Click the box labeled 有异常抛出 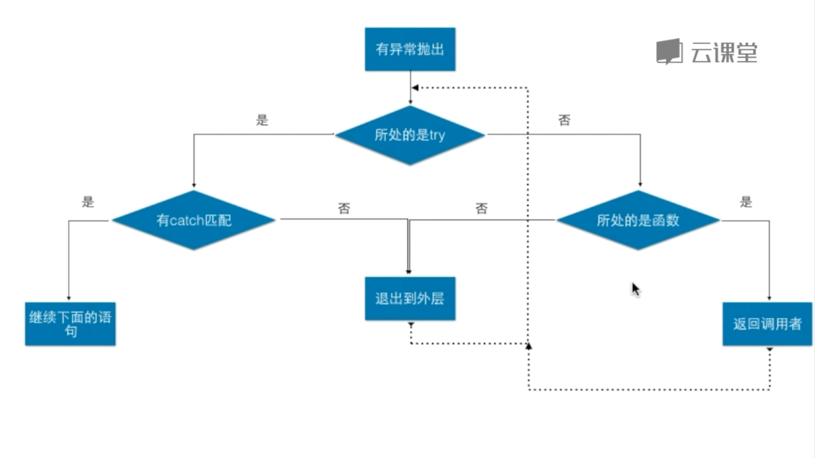(410, 49)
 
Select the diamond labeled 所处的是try (410, 135)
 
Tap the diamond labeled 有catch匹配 (194, 220)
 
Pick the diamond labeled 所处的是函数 (638, 220)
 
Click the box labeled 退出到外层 (410, 299)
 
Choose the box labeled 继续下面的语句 (70, 324)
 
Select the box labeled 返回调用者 (767, 324)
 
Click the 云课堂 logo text (724, 53)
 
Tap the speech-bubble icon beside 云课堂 (669, 52)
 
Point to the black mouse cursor (635, 290)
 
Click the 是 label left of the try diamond (262, 120)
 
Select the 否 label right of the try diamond (564, 120)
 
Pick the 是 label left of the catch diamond (88, 202)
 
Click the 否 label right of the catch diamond (344, 208)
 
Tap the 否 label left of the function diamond (481, 208)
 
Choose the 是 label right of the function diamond (746, 202)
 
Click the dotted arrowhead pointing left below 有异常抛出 (415, 88)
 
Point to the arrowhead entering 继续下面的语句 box (69, 299)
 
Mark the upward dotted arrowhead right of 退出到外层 (528, 346)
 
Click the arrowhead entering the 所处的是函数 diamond (640, 184)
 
